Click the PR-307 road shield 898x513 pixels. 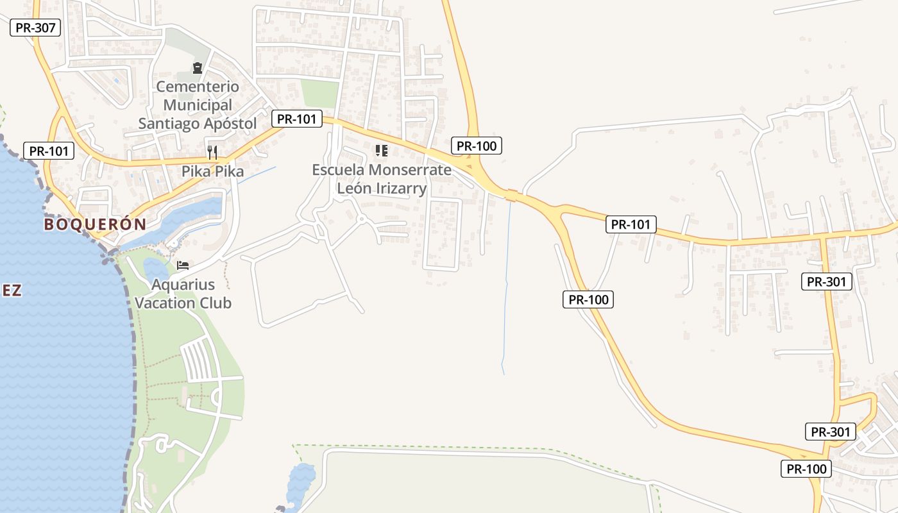pos(35,28)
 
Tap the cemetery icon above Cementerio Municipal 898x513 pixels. pos(198,67)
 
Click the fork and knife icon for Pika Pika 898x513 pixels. pos(212,152)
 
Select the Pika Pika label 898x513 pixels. pos(212,172)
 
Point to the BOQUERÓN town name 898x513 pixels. pos(95,224)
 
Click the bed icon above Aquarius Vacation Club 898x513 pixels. pos(183,265)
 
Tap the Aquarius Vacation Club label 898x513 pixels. pos(183,293)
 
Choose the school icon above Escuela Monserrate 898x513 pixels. pos(382,151)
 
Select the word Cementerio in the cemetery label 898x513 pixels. pos(198,87)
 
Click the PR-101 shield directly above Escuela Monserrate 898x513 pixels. pos(296,119)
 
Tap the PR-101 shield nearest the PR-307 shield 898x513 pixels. pos(49,151)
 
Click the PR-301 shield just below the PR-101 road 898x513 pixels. pos(827,281)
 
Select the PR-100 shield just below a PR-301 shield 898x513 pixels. pos(806,469)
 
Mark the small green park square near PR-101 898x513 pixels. pos(319,94)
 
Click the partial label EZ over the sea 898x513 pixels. pos(11,290)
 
